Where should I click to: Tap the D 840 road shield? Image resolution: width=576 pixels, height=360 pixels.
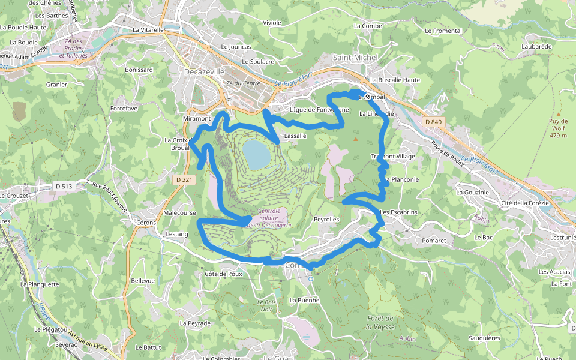pyautogui.click(x=433, y=122)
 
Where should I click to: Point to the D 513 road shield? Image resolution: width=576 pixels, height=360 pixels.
pyautogui.click(x=63, y=186)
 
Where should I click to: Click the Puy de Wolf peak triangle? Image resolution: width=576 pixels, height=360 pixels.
pyautogui.click(x=558, y=114)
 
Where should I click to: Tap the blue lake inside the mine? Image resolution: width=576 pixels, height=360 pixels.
pyautogui.click(x=257, y=154)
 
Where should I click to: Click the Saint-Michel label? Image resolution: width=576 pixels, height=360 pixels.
pyautogui.click(x=355, y=58)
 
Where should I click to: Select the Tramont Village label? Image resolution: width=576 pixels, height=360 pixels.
pyautogui.click(x=393, y=157)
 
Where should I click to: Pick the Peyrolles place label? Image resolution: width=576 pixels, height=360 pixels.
pyautogui.click(x=326, y=220)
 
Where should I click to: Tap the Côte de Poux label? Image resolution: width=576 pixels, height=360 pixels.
pyautogui.click(x=223, y=274)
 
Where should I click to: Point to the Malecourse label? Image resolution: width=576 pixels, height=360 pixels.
pyautogui.click(x=179, y=213)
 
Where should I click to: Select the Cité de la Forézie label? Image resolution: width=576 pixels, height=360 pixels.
pyautogui.click(x=525, y=203)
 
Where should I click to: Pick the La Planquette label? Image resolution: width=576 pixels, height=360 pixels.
pyautogui.click(x=40, y=284)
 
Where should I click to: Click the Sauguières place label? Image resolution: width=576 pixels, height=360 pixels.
pyautogui.click(x=484, y=338)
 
